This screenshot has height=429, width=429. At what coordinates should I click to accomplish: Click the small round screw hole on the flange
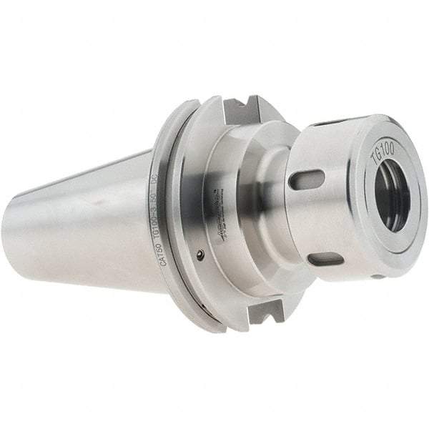click(202, 253)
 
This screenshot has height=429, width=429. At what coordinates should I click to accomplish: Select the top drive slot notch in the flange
click(240, 111)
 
